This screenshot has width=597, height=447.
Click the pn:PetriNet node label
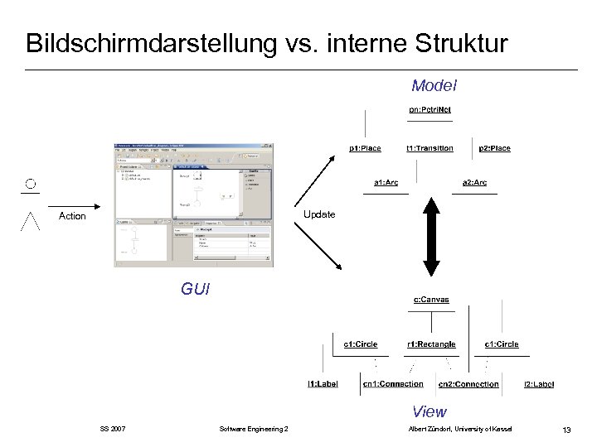tap(430, 110)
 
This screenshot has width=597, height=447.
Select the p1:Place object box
tap(365, 148)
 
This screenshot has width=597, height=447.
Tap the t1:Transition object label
tap(430, 148)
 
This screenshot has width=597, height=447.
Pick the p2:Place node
tap(494, 148)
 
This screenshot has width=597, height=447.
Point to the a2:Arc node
tap(474, 182)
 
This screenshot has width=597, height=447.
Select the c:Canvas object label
tap(431, 300)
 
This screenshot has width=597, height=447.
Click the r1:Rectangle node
tap(431, 344)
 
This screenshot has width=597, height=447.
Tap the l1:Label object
tap(323, 384)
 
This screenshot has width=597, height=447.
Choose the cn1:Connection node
tap(393, 384)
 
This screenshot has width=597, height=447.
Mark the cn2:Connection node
tap(468, 384)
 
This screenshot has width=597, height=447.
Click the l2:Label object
tap(539, 384)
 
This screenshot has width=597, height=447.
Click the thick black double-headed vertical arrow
tap(432, 237)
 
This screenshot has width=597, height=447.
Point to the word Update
tap(319, 214)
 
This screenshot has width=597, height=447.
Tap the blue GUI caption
tap(196, 289)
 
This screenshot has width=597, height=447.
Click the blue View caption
tap(430, 411)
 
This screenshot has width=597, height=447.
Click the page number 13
tap(566, 429)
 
